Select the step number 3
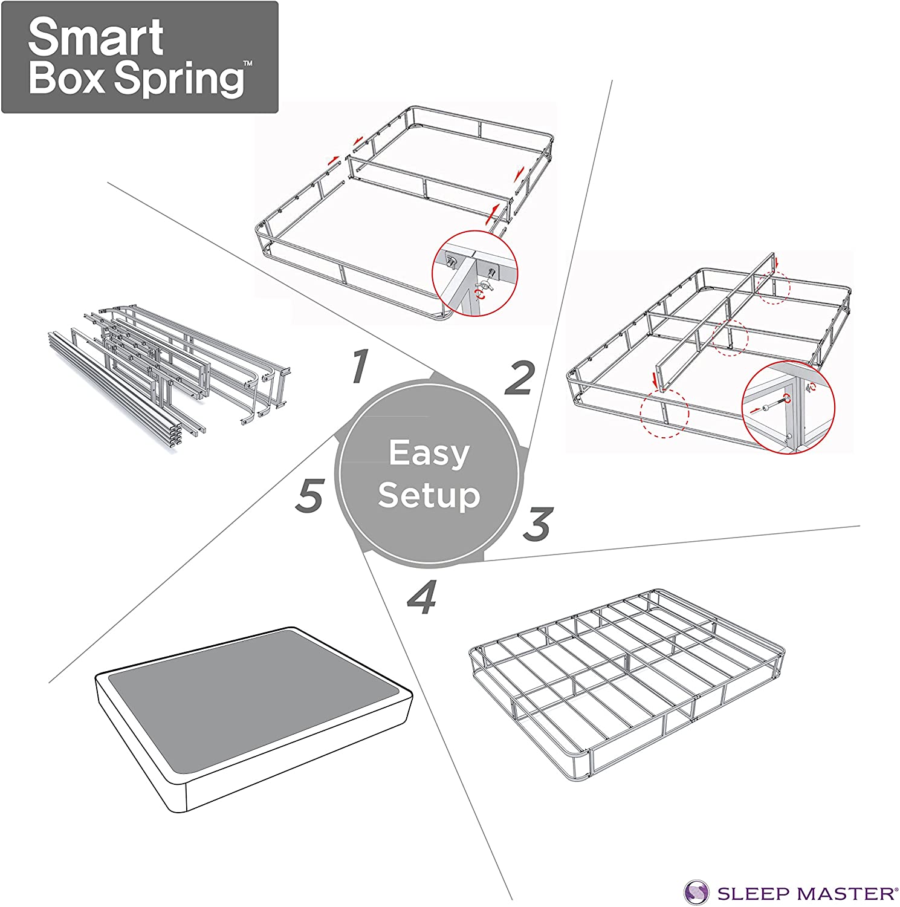click(x=537, y=524)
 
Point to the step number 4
click(x=422, y=597)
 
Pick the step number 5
click(x=310, y=495)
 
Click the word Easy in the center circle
click(x=429, y=453)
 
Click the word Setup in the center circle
click(x=429, y=496)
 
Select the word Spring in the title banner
click(x=180, y=80)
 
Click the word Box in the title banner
click(x=66, y=79)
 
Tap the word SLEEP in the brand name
click(x=754, y=893)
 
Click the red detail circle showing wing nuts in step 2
click(x=475, y=273)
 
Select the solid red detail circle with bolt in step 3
click(x=788, y=407)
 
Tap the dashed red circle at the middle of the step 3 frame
click(x=729, y=336)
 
